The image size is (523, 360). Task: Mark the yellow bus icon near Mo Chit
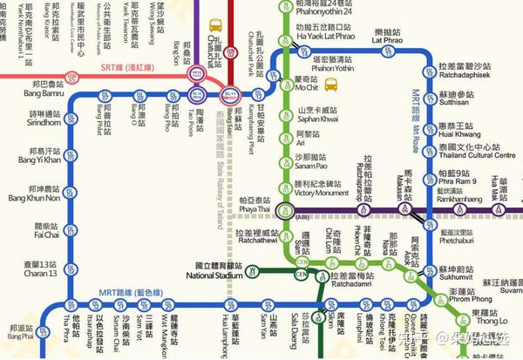332,85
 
